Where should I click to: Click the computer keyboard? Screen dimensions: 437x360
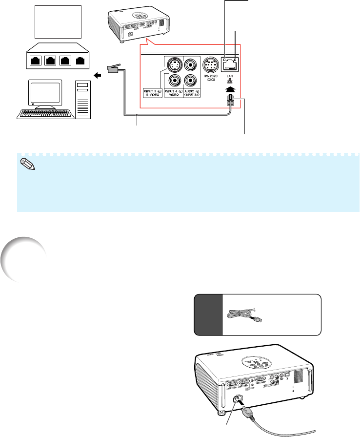(45, 113)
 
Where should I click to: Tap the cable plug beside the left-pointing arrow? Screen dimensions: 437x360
(111, 69)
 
